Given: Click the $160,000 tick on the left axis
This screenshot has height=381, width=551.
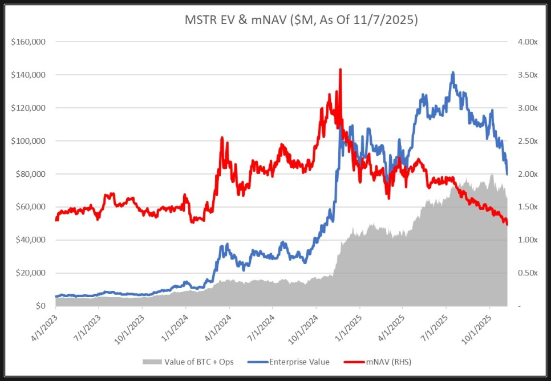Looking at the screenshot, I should tap(29, 42).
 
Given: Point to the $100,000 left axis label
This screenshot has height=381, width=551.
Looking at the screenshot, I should tap(29, 141).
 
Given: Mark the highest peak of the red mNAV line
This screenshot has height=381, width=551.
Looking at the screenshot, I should tap(341, 70).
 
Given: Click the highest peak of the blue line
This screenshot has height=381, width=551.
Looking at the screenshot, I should tap(453, 72).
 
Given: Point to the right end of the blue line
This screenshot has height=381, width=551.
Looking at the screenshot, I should tap(507, 174).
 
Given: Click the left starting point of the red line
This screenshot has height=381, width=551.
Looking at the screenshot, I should tap(56, 220).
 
